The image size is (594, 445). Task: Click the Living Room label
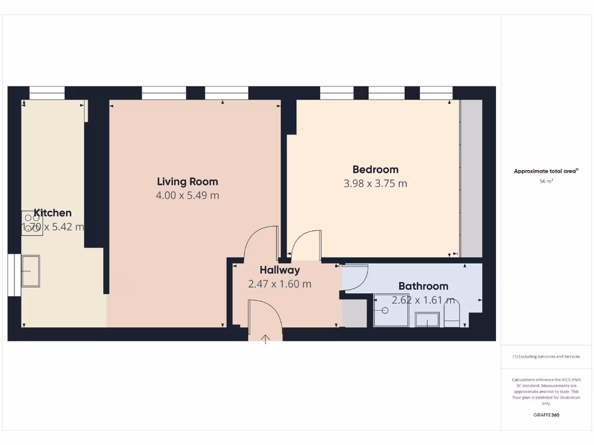point(187,181)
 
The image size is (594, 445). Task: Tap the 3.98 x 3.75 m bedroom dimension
point(375,184)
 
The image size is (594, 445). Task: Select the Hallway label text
point(280,270)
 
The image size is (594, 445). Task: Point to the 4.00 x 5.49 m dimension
point(187,196)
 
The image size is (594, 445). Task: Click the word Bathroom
point(423,286)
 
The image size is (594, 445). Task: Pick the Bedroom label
point(375,169)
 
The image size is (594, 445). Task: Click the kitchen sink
point(31,270)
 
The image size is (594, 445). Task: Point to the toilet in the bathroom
point(451,313)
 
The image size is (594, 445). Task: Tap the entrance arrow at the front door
point(266,339)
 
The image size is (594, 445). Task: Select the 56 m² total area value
point(546,181)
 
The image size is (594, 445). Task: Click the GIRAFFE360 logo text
point(546,415)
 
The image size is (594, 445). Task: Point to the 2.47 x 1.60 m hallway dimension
point(280,284)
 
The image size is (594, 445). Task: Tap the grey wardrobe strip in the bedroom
point(470,178)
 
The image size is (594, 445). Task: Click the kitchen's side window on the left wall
point(10,275)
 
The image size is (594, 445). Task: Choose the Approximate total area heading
point(546,171)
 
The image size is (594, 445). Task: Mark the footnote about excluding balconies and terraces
point(546,356)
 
